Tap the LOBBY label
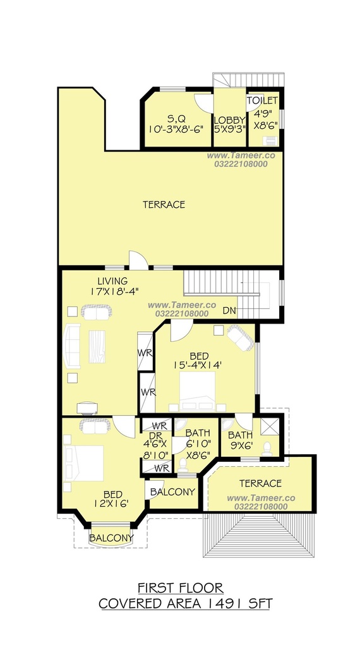click(230, 121)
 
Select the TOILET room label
click(262, 100)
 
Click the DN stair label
click(230, 311)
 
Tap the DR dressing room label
click(155, 435)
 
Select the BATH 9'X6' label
click(240, 440)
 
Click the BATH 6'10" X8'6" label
click(198, 444)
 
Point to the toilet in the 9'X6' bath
click(267, 449)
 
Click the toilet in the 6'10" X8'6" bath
click(183, 464)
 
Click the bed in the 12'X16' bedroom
click(85, 463)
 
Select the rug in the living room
click(97, 346)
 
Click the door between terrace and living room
click(138, 260)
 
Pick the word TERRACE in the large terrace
click(164, 205)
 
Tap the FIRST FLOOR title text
click(180, 588)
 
